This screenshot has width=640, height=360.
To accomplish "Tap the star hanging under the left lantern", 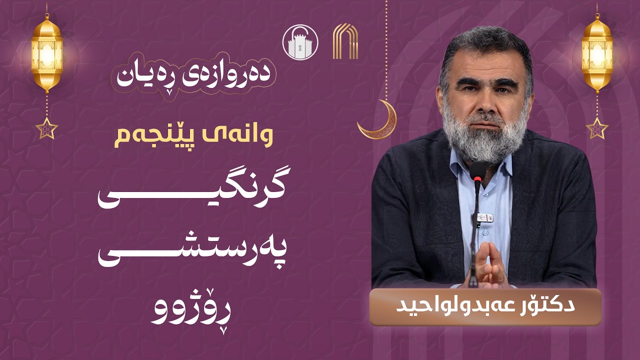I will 47,128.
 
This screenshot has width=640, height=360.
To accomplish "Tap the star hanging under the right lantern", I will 597,128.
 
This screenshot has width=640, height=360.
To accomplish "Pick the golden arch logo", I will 345,41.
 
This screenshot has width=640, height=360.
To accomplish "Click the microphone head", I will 477,172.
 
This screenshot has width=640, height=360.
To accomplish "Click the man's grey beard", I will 484,137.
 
